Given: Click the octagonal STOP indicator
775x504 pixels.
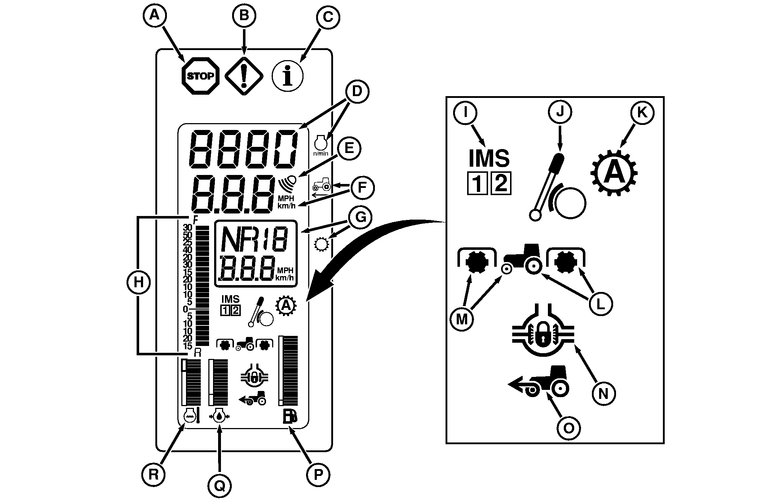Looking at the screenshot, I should pos(200,76).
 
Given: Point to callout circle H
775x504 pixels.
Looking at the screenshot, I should pos(138,282).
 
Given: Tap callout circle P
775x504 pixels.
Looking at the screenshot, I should pos(318,475).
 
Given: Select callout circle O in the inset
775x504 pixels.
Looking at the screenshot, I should pos(569,428).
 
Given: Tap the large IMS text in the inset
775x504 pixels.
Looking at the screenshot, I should pos(489,159).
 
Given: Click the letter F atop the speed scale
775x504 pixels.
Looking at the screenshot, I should pos(195,219).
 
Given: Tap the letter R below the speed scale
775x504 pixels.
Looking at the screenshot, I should pos(197,353).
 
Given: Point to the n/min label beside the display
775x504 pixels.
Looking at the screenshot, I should pos(320,154).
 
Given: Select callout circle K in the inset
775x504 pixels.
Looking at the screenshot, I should pos(642,113).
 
